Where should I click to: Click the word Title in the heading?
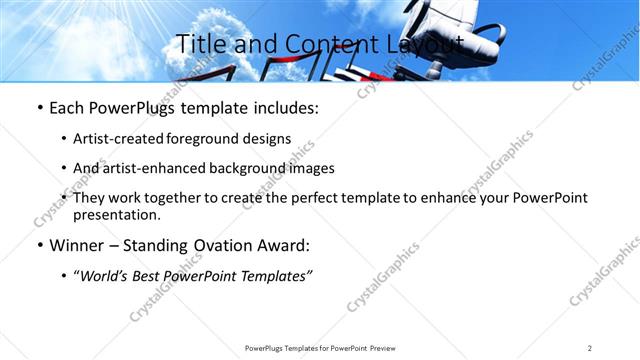click(201, 45)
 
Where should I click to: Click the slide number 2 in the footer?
click(589, 348)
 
